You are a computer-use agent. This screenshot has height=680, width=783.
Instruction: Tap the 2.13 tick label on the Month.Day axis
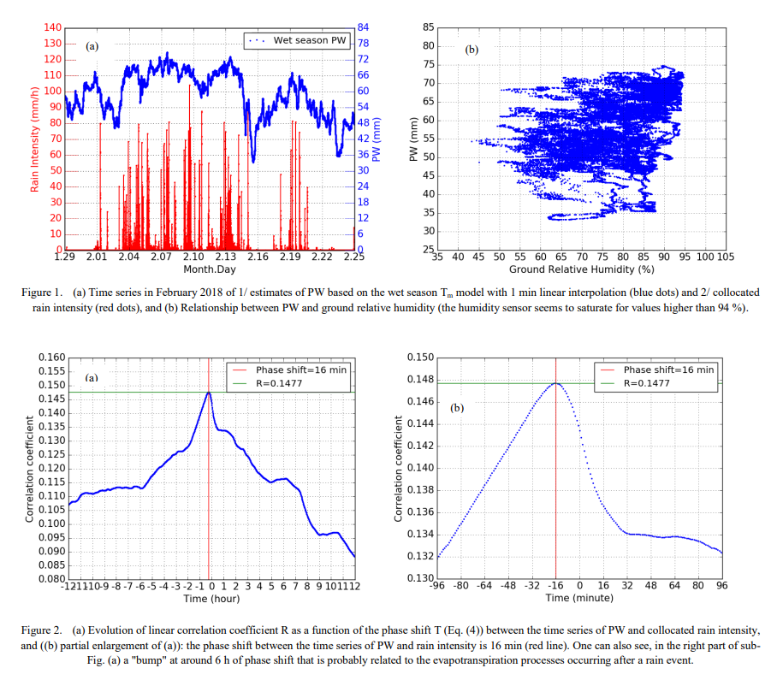(226, 257)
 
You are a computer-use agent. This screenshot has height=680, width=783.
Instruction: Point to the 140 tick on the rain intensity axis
(53, 28)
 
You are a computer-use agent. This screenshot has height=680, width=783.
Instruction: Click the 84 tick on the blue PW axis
(363, 28)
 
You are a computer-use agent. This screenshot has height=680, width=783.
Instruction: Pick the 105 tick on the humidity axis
(725, 257)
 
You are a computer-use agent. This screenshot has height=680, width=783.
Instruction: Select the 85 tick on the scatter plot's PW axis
(429, 28)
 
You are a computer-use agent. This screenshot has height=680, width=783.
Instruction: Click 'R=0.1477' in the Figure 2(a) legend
(279, 383)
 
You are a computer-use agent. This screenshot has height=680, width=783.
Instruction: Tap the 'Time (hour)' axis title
(211, 599)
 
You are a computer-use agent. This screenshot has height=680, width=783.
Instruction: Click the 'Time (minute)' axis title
(579, 598)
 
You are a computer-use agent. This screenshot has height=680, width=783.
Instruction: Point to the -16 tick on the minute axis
(555, 586)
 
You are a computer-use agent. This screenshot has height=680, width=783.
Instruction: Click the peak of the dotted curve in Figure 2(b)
(556, 383)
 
